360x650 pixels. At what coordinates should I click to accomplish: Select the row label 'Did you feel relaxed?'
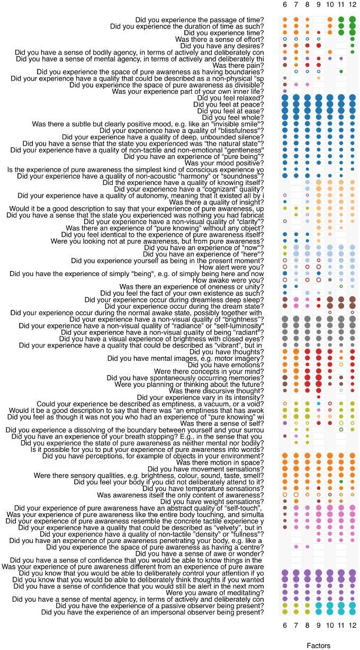tap(230, 98)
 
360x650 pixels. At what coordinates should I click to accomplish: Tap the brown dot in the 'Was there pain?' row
tap(285, 65)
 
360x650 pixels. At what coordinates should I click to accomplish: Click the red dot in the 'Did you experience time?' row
tap(319, 33)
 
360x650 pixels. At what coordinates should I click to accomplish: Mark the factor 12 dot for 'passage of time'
tap(352, 20)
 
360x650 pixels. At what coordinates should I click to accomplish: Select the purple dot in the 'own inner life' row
tap(285, 91)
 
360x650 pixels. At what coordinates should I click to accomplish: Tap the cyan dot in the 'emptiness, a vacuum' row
tap(319, 403)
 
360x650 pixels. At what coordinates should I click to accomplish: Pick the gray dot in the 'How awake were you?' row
tap(330, 280)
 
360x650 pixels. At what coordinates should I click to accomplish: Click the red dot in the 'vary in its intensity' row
tap(319, 397)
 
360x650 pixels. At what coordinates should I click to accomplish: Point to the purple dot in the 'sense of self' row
tap(285, 423)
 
